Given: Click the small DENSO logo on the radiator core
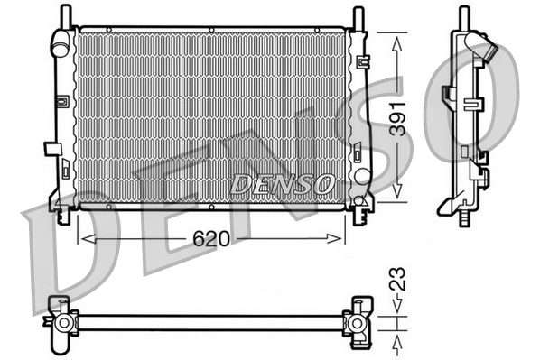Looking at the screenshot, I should (280, 183).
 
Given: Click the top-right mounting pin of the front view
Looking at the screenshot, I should (359, 15).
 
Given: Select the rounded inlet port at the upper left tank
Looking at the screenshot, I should (61, 42).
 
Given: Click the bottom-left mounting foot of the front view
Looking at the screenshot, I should (63, 216).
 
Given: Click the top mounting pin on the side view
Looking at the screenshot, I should (463, 16).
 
